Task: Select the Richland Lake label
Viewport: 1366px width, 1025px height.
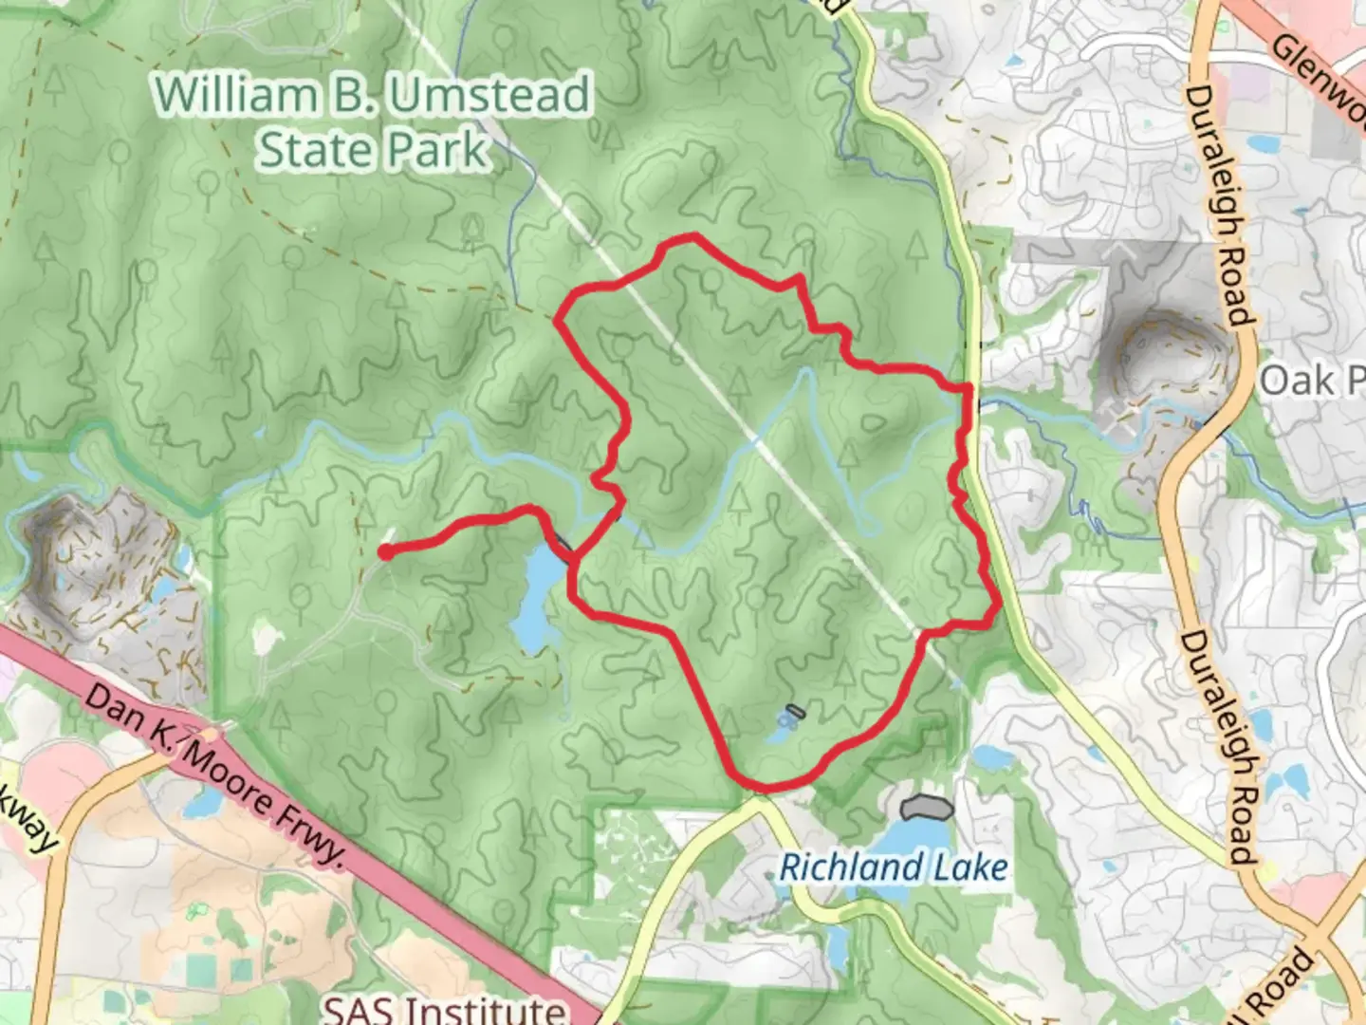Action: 893,867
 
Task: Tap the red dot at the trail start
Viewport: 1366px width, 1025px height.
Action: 386,552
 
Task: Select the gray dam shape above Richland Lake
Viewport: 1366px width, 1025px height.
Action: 926,808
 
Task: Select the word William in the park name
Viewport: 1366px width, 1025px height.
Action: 235,96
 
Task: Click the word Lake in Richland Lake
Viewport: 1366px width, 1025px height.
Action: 969,867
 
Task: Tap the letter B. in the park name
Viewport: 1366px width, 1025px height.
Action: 354,96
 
